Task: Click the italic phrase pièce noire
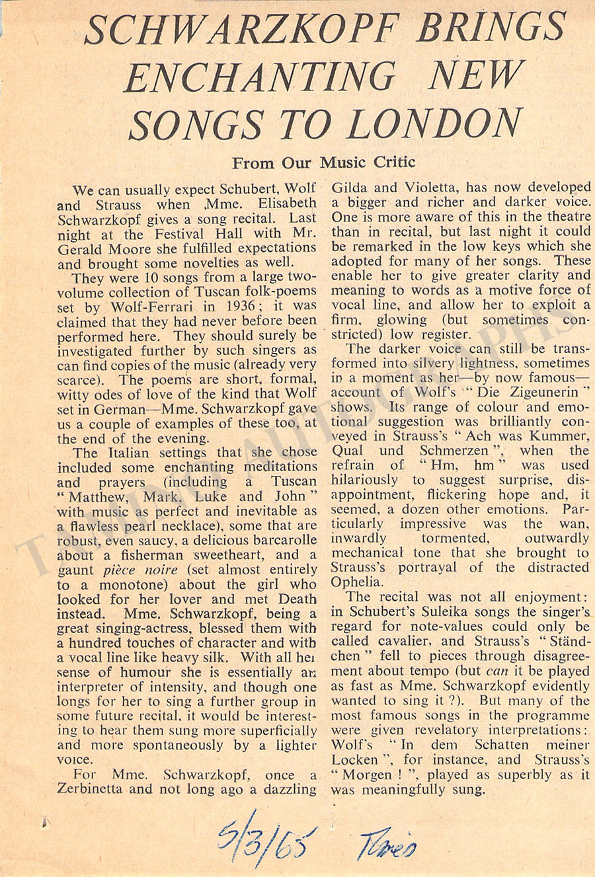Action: coord(140,570)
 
